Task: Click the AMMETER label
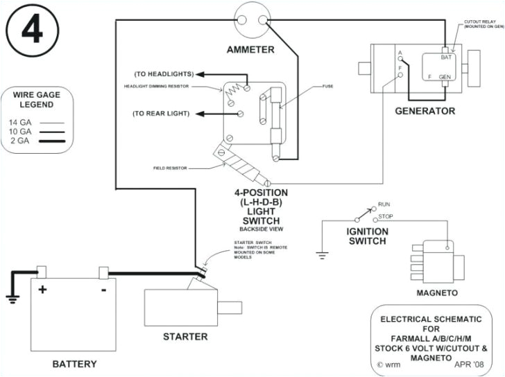pyautogui.click(x=250, y=49)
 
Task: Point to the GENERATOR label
pyautogui.click(x=425, y=111)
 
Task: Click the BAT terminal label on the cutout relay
pyautogui.click(x=446, y=58)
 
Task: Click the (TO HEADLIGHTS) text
pyautogui.click(x=164, y=74)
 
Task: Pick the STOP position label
pyautogui.click(x=385, y=218)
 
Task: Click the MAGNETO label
pyautogui.click(x=436, y=292)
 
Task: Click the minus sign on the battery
pyautogui.click(x=103, y=290)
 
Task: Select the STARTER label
pyautogui.click(x=185, y=337)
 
